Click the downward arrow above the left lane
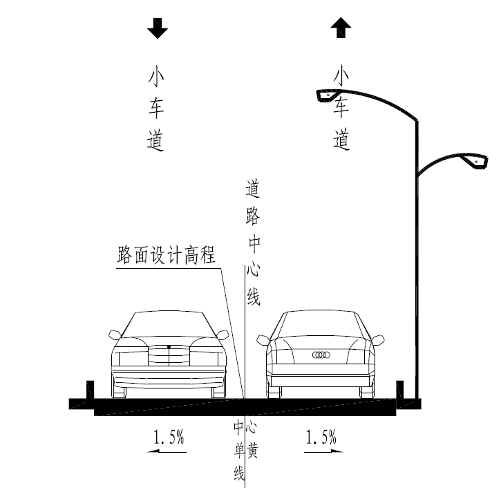pos(158,28)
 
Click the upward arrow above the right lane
pos(341,28)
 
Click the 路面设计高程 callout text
pos(166,256)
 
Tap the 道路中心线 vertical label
pos(253,242)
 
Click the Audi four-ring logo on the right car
pos(321,355)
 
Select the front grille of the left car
pos(168,355)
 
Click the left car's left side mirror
pos(115,335)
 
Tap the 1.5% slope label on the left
pos(168,437)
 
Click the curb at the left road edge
pos(89,391)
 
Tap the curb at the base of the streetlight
pos(400,390)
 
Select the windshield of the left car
pos(168,325)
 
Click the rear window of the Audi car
pos(321,325)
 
